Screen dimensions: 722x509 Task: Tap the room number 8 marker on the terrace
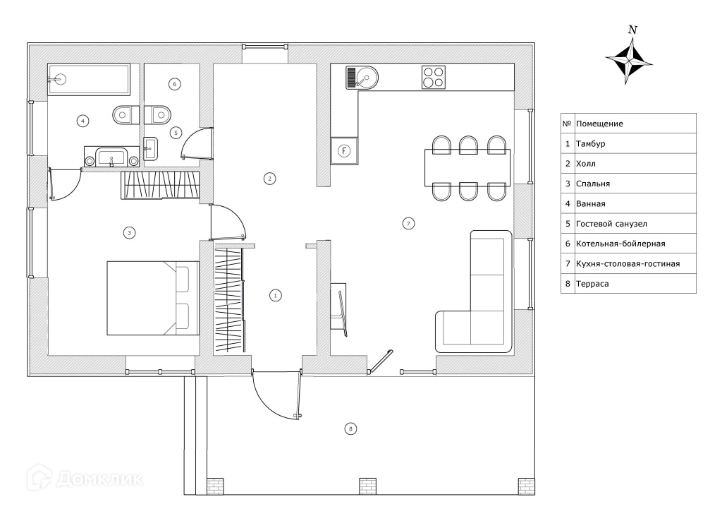pyautogui.click(x=350, y=428)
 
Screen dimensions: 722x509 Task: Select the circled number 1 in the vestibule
pyautogui.click(x=276, y=296)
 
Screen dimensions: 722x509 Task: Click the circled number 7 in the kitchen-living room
pyautogui.click(x=408, y=224)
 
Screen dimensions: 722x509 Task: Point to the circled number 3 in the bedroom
pyautogui.click(x=128, y=232)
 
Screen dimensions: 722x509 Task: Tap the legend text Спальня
pyautogui.click(x=592, y=184)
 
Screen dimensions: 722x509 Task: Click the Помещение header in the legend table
pyautogui.click(x=599, y=124)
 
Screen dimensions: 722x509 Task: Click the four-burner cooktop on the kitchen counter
pyautogui.click(x=434, y=77)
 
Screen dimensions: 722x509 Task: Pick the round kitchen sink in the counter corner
pyautogui.click(x=365, y=76)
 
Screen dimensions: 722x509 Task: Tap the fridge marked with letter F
pyautogui.click(x=343, y=150)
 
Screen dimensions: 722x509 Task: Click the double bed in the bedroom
pyautogui.click(x=152, y=298)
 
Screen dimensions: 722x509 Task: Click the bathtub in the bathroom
pyautogui.click(x=89, y=79)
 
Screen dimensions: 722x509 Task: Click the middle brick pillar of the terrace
pyautogui.click(x=368, y=486)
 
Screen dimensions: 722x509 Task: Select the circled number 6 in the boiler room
pyautogui.click(x=175, y=84)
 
